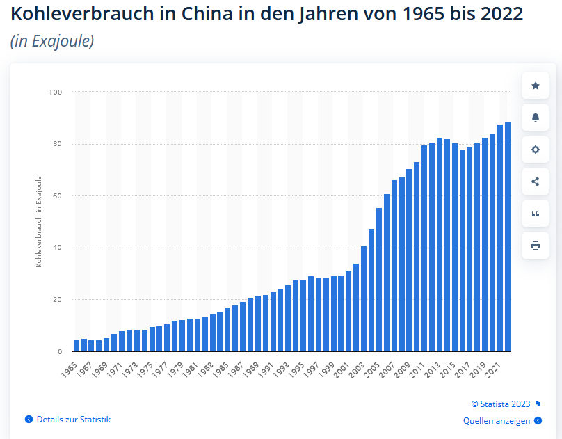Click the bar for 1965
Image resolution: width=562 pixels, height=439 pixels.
click(x=77, y=346)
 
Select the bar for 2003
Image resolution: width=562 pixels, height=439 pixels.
click(x=364, y=299)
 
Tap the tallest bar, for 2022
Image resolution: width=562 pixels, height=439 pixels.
click(x=508, y=237)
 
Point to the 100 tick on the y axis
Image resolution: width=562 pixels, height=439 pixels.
click(x=56, y=92)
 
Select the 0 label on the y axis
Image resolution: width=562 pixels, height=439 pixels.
click(x=60, y=352)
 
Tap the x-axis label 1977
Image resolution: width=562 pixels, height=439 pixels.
click(x=159, y=366)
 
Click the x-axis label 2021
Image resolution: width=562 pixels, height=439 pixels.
click(x=492, y=366)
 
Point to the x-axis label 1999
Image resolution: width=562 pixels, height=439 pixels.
click(x=326, y=366)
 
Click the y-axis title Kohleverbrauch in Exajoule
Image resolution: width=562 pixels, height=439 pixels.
click(x=39, y=222)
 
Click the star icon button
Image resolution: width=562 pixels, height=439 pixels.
click(x=536, y=86)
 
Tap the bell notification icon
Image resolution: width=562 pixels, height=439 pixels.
click(x=536, y=118)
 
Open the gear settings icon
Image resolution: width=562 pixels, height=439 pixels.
click(x=536, y=150)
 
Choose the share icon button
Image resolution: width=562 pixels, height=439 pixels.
click(x=536, y=182)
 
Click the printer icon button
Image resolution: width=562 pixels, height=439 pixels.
click(x=536, y=246)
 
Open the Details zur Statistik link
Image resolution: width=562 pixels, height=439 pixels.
click(x=73, y=420)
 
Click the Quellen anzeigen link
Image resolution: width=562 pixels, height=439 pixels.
click(x=497, y=421)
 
